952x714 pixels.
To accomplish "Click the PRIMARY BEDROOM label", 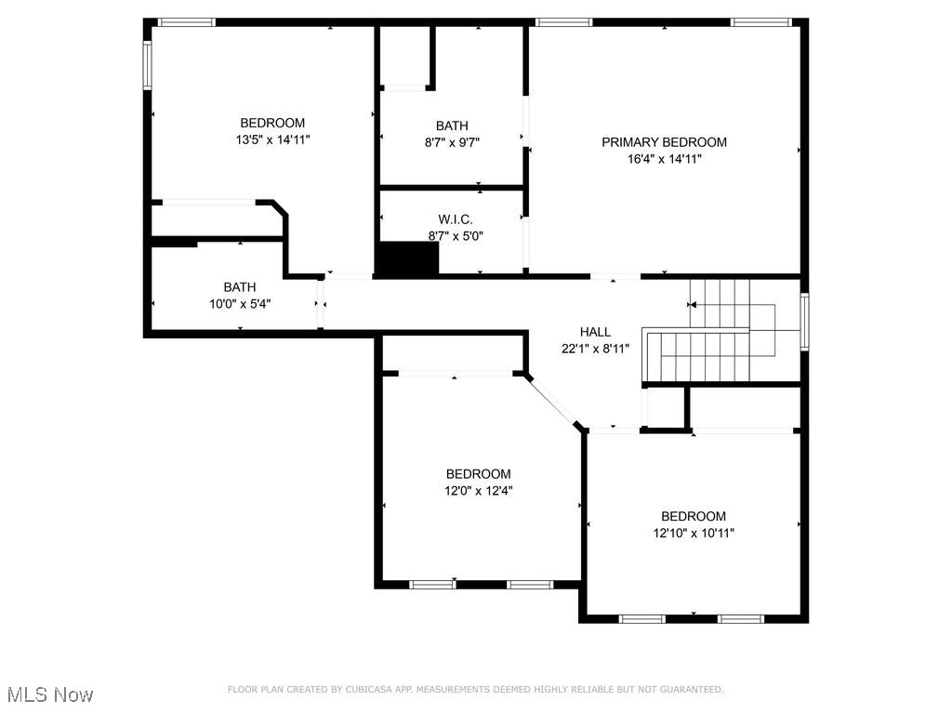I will [664, 142].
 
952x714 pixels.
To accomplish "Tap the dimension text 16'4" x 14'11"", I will [664, 159].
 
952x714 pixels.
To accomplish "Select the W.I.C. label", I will [456, 219].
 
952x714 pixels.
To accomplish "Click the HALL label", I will [595, 332].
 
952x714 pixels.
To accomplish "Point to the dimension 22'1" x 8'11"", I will [595, 349].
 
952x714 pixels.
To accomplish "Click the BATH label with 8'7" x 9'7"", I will [452, 126].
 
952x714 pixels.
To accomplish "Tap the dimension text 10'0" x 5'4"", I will [239, 304].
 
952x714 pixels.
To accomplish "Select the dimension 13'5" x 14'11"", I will [272, 139].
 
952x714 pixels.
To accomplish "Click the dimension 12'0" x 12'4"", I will [478, 491].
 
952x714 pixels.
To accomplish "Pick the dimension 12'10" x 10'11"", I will [694, 534].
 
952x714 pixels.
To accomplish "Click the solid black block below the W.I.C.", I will [407, 259].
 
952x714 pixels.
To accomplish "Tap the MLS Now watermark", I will [50, 694].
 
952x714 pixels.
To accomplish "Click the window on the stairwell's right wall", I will [804, 322].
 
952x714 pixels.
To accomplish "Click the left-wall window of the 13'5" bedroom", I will [147, 65].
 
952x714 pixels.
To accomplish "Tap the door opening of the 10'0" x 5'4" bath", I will [320, 303].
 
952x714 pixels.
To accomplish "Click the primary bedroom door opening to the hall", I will [615, 276].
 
